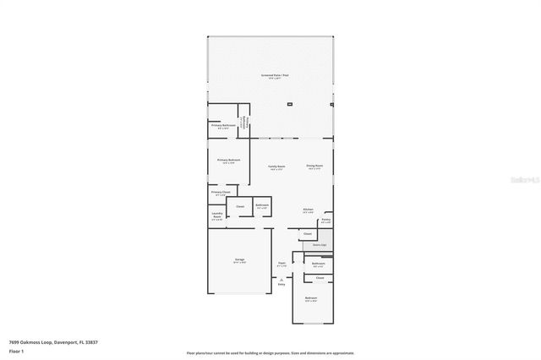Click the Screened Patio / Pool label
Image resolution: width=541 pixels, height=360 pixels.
[x=275, y=75]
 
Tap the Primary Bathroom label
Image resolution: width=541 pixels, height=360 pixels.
[x=223, y=126]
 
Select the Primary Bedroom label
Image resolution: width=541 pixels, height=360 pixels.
[x=228, y=160]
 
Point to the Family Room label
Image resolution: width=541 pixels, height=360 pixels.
[x=276, y=166]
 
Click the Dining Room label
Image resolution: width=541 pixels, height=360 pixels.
[x=314, y=166]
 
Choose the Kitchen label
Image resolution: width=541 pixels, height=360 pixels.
[x=309, y=210]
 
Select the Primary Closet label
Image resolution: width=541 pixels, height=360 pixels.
[x=221, y=193]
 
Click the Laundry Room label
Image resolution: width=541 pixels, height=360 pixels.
[x=216, y=217]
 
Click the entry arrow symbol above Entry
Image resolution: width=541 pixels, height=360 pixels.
[x=281, y=280]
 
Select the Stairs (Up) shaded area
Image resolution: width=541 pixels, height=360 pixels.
[x=319, y=245]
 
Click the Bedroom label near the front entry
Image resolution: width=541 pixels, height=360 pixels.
[x=311, y=298]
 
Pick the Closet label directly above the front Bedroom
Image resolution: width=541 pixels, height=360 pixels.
[x=319, y=278]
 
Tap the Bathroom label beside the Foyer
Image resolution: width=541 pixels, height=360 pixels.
[x=318, y=264]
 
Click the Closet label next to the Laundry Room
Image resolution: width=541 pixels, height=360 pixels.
[x=240, y=206]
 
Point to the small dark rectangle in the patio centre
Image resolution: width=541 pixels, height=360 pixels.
[x=289, y=104]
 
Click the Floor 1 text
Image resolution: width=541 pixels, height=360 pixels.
[x=17, y=350]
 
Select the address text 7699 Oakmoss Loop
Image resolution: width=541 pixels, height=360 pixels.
[x=52, y=341]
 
